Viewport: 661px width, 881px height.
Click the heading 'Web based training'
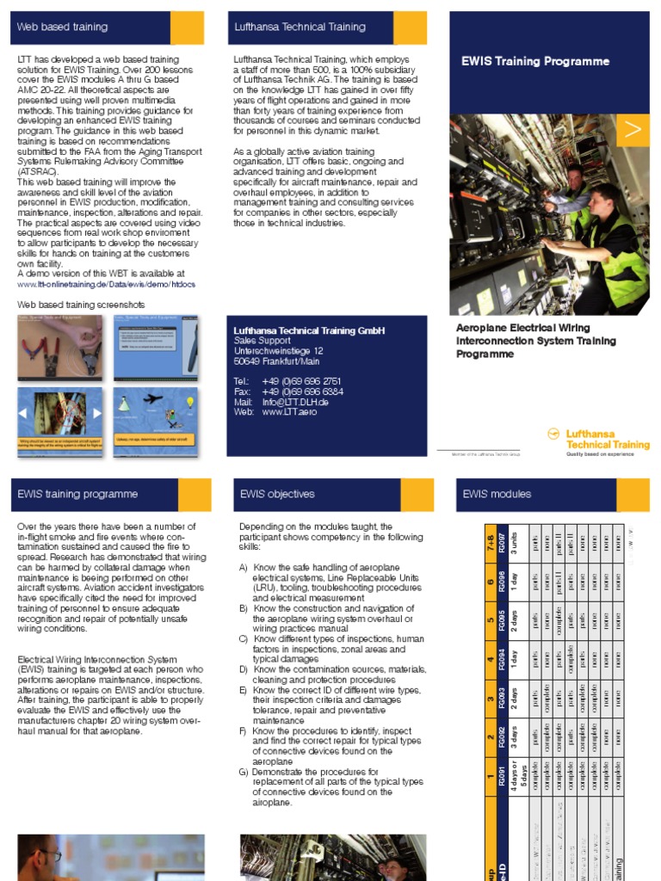point(62,27)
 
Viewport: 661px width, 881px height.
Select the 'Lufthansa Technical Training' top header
point(300,27)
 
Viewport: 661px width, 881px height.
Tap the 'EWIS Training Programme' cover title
point(535,61)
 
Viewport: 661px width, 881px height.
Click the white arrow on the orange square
point(633,130)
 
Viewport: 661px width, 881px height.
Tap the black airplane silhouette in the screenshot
point(153,399)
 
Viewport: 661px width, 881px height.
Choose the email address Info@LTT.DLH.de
point(295,402)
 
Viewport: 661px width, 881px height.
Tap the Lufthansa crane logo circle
point(554,434)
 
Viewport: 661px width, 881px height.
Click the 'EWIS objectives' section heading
point(277,494)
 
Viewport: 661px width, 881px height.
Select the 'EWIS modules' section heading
point(497,494)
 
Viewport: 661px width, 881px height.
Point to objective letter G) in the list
point(244,773)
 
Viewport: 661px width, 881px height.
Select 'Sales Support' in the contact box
point(263,341)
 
